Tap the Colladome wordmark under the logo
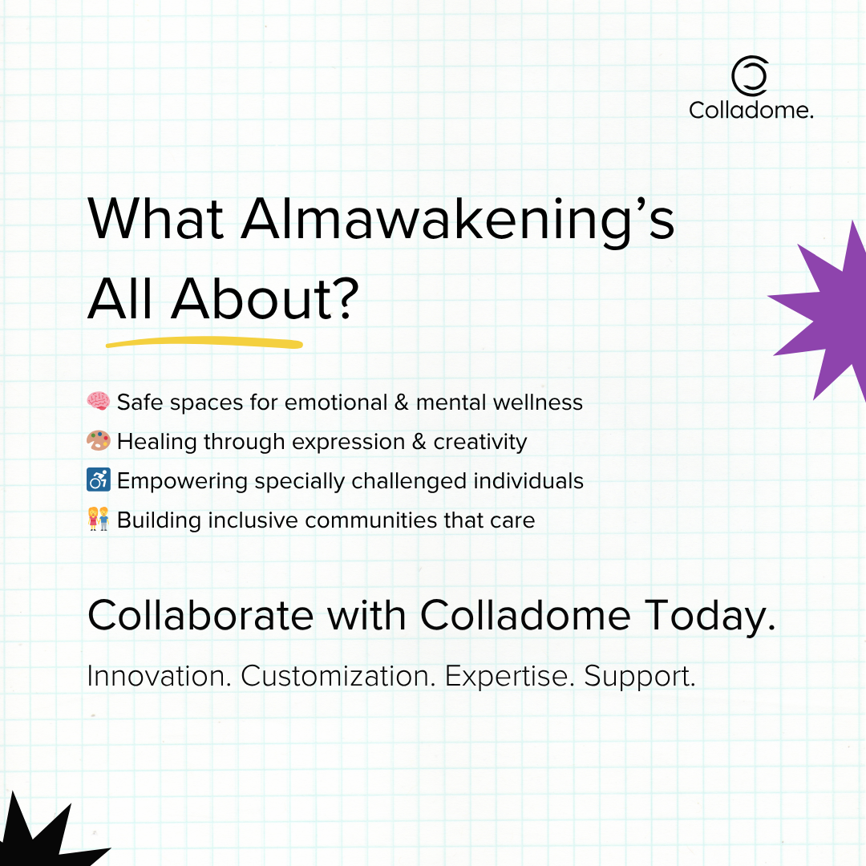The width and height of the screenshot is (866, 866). tap(751, 110)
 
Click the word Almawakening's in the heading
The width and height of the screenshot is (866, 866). tap(458, 221)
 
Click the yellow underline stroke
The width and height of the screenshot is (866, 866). tap(204, 343)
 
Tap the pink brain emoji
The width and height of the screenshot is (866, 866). tap(99, 401)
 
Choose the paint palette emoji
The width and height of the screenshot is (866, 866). tap(99, 441)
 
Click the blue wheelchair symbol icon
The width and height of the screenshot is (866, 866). tap(99, 480)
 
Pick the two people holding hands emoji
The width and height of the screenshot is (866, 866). tap(99, 519)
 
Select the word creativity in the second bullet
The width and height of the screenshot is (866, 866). tap(480, 443)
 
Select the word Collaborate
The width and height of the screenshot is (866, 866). tap(200, 615)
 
